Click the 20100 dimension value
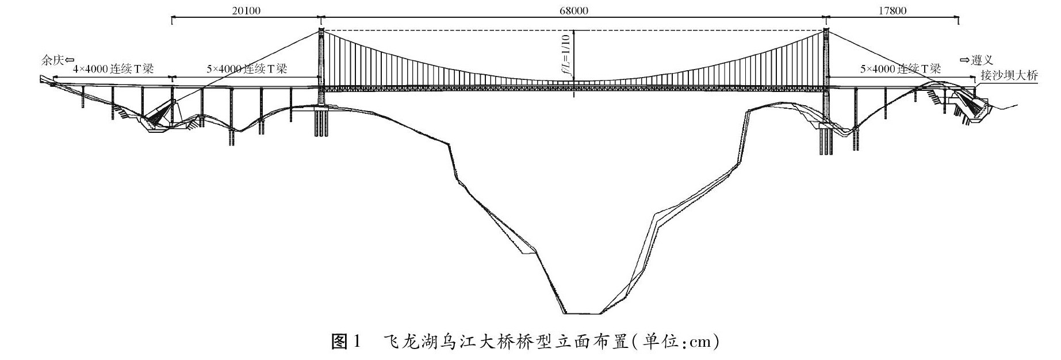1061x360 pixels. coord(245,11)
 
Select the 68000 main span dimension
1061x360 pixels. coord(573,11)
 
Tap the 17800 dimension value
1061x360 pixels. coord(893,11)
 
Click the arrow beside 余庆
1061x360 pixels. coord(70,59)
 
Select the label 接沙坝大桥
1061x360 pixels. coord(1009,75)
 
